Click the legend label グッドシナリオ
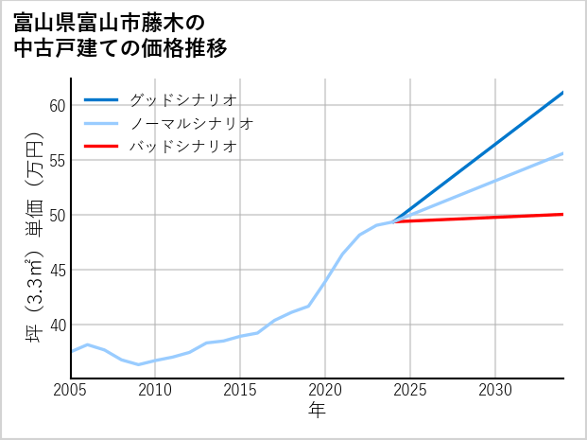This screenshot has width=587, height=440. (x=182, y=99)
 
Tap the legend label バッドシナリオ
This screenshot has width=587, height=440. (x=182, y=147)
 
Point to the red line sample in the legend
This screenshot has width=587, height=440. (x=102, y=147)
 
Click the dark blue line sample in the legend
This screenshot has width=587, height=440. (x=102, y=99)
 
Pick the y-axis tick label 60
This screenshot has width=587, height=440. (x=56, y=105)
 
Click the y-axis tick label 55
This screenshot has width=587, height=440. (x=56, y=160)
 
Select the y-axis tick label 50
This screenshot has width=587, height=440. (x=56, y=215)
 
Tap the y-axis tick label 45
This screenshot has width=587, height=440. (x=56, y=270)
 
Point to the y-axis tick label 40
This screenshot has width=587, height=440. (x=56, y=325)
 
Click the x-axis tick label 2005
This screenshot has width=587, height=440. (x=71, y=390)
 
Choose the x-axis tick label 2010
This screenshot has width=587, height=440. (x=156, y=390)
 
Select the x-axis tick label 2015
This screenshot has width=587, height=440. (x=241, y=390)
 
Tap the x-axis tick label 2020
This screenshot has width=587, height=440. (x=325, y=390)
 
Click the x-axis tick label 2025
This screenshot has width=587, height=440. (x=410, y=390)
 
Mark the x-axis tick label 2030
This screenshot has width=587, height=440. (x=495, y=390)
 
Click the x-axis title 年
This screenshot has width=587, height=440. (x=318, y=411)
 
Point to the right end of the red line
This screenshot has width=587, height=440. (x=562, y=214)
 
